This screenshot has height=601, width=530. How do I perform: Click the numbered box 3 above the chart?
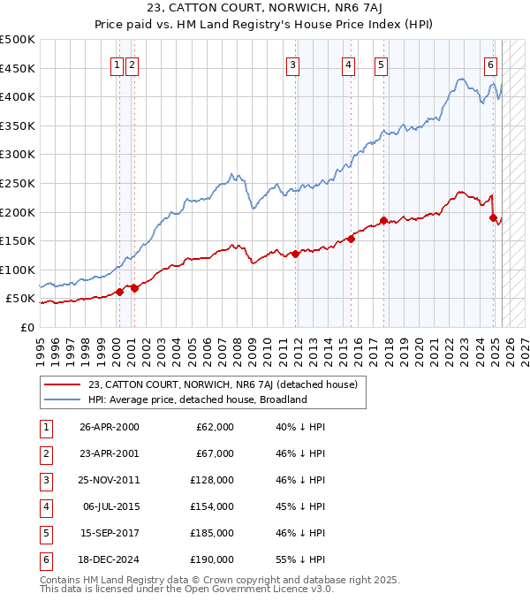pos(292,64)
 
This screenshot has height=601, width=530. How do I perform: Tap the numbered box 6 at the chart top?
pos(490,64)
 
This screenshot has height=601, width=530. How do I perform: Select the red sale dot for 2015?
pos(351,239)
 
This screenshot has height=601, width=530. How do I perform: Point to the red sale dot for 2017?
pos(383,220)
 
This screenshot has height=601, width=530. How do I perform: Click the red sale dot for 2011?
pos(295,254)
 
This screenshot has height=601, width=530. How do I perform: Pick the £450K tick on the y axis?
pos(18,68)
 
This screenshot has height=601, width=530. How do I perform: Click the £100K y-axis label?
pos(18,270)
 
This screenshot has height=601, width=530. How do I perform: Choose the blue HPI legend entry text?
pos(196,399)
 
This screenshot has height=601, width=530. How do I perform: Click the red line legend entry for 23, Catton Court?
pos(222,384)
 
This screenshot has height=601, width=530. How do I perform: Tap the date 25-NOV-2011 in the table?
pos(110,480)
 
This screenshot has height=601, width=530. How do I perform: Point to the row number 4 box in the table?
pos(45,506)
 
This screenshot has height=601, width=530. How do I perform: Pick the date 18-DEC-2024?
pos(110,559)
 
